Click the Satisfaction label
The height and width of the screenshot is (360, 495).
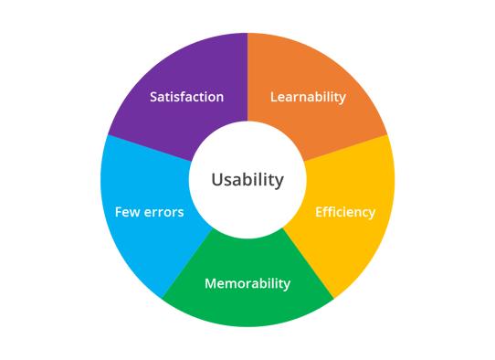[x=186, y=97]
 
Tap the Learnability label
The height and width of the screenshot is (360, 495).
[x=309, y=97]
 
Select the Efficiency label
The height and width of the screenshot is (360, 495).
[x=345, y=212]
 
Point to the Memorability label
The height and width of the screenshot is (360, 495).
[x=247, y=283]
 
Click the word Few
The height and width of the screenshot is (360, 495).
[x=127, y=212]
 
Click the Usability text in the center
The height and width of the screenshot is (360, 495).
[x=247, y=180]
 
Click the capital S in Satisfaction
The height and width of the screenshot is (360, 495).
[x=153, y=97]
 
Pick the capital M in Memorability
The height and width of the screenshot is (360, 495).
[x=210, y=283]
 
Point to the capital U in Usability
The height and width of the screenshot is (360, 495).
[x=216, y=180]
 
